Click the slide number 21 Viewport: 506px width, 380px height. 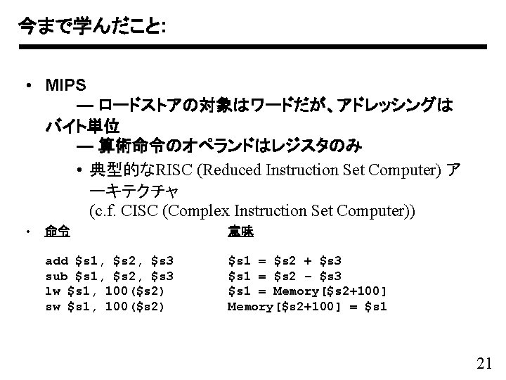[x=484, y=363]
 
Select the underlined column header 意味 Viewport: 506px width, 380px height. [x=240, y=231]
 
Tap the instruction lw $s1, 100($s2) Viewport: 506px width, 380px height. [x=105, y=291]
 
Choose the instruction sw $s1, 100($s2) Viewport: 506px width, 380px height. [x=105, y=307]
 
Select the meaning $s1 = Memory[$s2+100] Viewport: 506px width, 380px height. [x=307, y=291]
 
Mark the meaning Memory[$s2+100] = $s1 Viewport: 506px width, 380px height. [x=307, y=307]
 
